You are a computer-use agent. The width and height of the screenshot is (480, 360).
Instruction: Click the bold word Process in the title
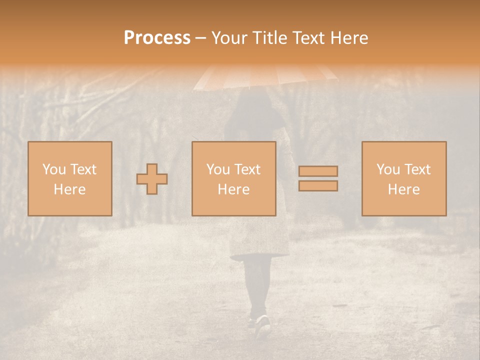pos(157,38)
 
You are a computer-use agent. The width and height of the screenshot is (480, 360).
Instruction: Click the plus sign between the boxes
pos(152,179)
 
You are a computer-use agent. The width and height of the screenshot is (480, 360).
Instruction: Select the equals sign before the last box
pos(318,178)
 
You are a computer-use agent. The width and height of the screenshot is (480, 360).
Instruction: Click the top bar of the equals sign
pos(318,171)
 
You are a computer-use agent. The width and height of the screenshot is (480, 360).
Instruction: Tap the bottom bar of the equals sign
pos(318,185)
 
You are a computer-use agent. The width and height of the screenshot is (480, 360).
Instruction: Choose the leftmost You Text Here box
pos(69,178)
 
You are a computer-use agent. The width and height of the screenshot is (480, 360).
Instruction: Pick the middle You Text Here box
pos(233,178)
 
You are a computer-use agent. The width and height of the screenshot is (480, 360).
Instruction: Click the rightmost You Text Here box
pos(403,178)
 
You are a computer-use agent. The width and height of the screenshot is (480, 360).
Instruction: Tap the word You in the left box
pos(53,169)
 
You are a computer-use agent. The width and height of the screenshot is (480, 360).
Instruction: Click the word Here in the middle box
pos(233,189)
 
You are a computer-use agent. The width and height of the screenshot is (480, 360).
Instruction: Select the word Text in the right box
pos(417,169)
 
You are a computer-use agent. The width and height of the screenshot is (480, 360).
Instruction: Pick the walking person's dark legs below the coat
pos(258,285)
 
